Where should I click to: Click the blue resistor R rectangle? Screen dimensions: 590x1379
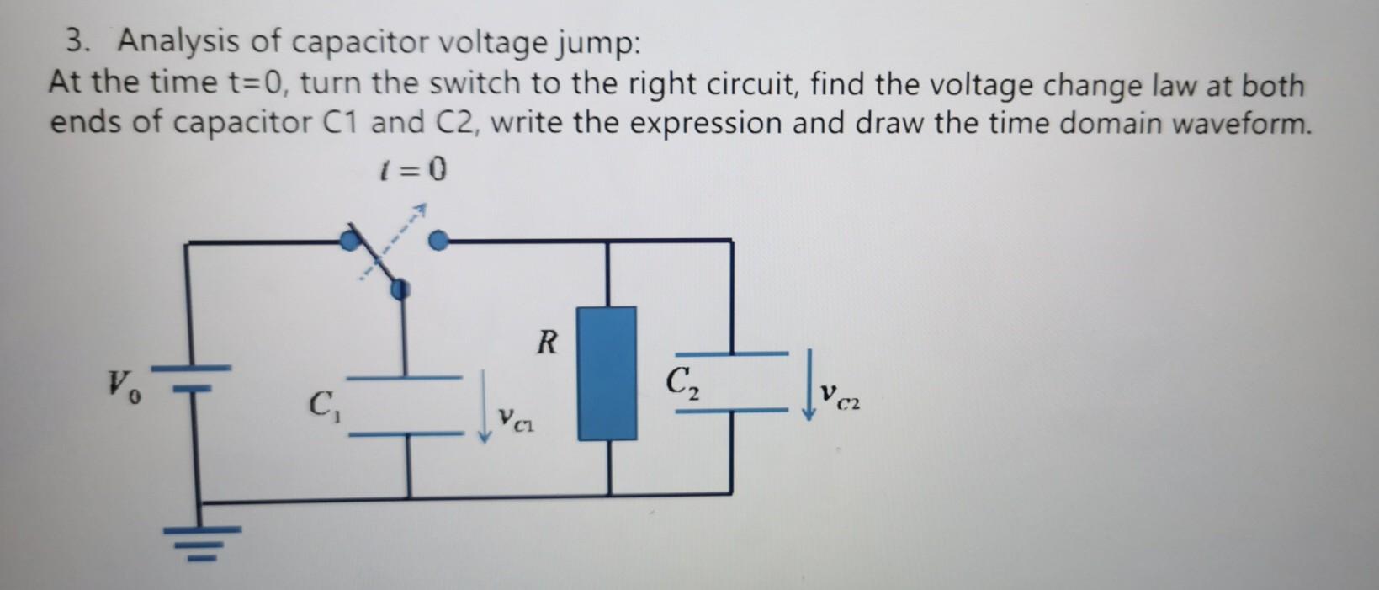[607, 373]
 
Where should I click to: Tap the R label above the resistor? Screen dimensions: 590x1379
[547, 342]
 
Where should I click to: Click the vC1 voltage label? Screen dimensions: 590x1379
[516, 418]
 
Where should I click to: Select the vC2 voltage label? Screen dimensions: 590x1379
[841, 394]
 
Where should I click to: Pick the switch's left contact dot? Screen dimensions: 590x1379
[347, 242]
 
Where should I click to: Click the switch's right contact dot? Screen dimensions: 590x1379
[437, 242]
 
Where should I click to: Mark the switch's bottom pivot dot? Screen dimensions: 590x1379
[400, 290]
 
